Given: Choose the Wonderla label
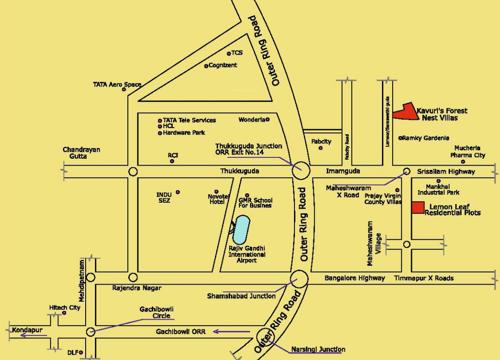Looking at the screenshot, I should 253,118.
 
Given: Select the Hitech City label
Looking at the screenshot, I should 65,308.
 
